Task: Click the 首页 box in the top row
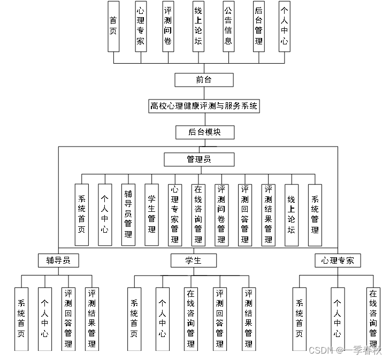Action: coord(113,26)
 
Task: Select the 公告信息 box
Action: coord(228,26)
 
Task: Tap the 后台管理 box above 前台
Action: coord(259,26)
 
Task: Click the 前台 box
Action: coord(204,80)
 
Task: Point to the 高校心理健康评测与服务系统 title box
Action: coord(204,106)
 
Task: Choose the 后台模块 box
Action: coord(204,132)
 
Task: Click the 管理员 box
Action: coord(198,159)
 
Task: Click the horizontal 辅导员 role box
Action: coord(58,261)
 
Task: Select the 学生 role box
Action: coord(193,261)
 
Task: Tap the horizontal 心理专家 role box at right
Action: coord(337,261)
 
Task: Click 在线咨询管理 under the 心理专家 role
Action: coord(373,319)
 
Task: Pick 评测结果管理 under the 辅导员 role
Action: coord(92,319)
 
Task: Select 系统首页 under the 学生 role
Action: coord(134,319)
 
